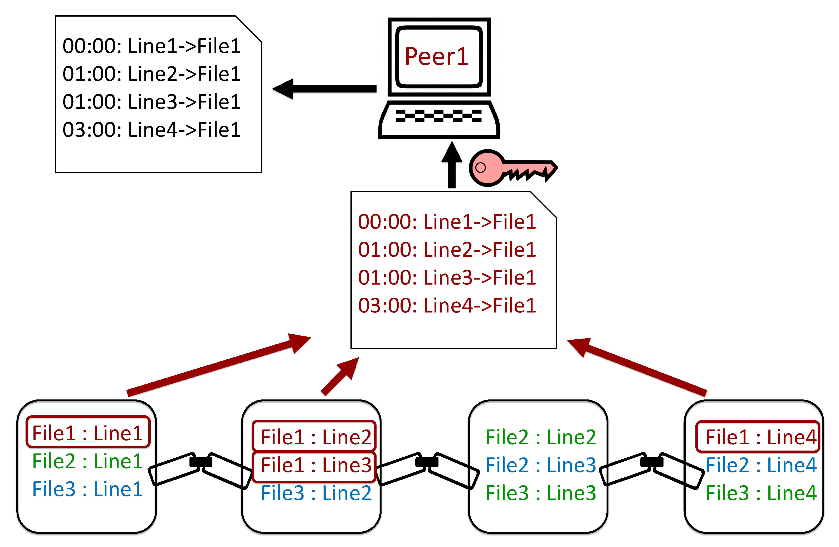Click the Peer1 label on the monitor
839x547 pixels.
point(436,56)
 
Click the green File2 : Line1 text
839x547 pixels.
point(87,461)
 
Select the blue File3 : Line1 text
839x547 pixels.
point(87,489)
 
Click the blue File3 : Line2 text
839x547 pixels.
point(316,493)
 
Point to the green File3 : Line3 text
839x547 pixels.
point(540,493)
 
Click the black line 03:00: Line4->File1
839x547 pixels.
point(152,130)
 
